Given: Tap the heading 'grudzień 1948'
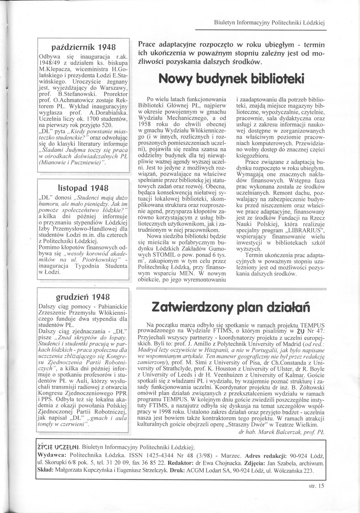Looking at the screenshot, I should pyautogui.click(x=83, y=296).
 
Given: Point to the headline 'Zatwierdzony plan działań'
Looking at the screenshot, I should pyautogui.click(x=231, y=306).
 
